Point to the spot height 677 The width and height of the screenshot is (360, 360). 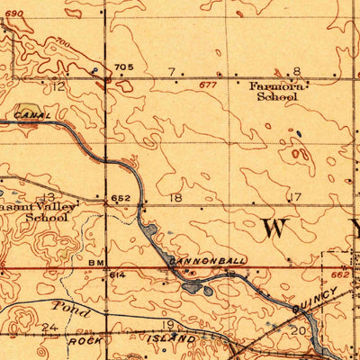pos(209,85)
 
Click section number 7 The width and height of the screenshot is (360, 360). pos(172,71)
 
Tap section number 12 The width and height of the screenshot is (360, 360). pos(58,86)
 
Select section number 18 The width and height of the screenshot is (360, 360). pos(175,197)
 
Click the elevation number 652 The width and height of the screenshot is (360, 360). pos(121,198)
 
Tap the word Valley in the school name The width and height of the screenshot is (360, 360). pos(57,205)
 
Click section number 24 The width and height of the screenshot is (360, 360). pos(50,328)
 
